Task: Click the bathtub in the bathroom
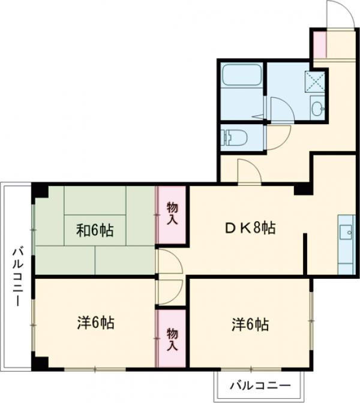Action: pos(242,76)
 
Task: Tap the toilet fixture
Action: pos(234,137)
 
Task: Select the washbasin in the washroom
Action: pos(317,109)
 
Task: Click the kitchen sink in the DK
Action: pos(346,231)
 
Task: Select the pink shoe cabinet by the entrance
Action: pos(319,43)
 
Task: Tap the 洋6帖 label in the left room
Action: pos(95,323)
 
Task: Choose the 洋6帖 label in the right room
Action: pos(250,324)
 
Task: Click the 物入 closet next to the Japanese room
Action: pos(172,214)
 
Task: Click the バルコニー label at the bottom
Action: pos(261,384)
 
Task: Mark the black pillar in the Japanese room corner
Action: pos(41,191)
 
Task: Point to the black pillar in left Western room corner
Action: pos(40,362)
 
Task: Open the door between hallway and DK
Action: pos(249,173)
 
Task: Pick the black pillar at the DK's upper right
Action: pos(301,190)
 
